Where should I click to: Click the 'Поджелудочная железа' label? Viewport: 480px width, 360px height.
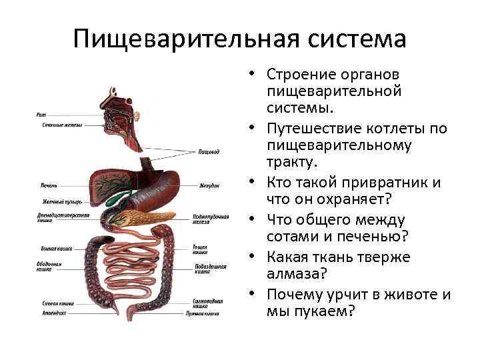pos(211,221)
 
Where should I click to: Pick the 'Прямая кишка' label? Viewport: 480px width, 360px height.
pos(208,311)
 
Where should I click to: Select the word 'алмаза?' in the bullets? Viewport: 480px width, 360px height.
pos(295,275)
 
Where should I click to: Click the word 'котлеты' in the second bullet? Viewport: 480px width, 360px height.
pos(401,127)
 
